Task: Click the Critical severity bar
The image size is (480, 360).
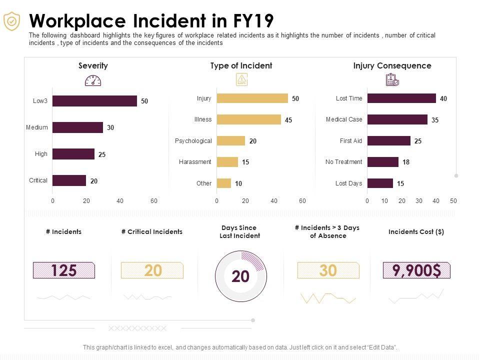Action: (69, 180)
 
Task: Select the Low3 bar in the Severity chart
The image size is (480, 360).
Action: (94, 101)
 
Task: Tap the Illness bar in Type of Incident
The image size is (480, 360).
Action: (248, 119)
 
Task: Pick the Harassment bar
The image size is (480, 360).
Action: (227, 162)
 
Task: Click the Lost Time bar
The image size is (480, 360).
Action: (401, 98)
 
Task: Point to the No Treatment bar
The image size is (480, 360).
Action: (382, 162)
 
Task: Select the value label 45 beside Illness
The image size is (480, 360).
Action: (288, 120)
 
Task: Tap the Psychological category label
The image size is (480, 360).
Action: (193, 141)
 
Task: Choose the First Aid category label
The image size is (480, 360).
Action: (350, 141)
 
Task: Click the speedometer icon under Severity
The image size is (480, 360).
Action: (93, 80)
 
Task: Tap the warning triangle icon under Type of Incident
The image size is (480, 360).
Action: (241, 79)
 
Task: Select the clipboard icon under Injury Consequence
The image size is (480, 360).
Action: (392, 80)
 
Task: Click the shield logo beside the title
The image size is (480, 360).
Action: (11, 21)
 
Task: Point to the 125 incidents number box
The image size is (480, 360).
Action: (63, 270)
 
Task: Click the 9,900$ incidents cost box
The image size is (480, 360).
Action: (416, 270)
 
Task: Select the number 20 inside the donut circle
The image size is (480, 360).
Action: (240, 276)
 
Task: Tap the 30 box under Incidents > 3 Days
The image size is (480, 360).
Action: (328, 270)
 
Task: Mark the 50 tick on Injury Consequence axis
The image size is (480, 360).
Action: (453, 201)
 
